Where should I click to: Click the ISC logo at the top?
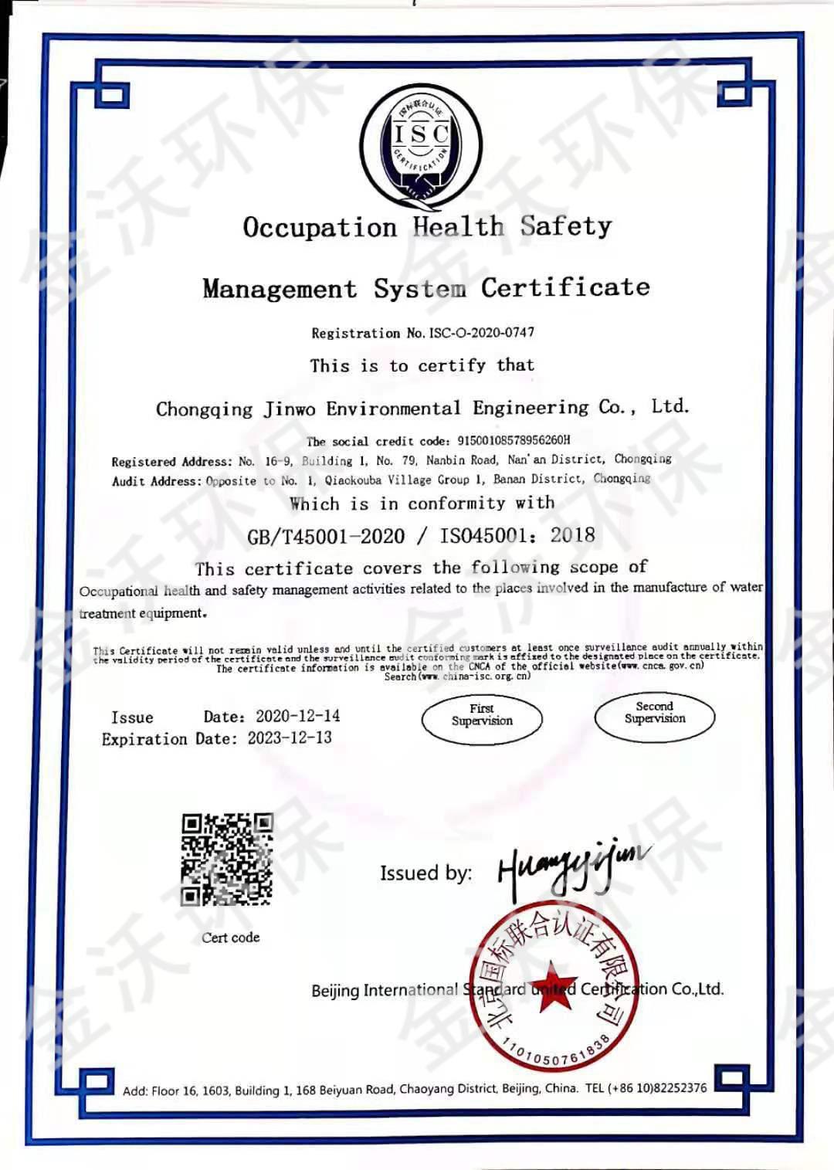[421, 146]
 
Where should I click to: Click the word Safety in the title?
[565, 226]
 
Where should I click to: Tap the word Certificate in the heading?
[565, 287]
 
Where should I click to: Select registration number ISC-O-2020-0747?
[481, 333]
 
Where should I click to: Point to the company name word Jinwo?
[290, 409]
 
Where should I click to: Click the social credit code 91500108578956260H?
[514, 440]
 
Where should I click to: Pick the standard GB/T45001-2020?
[326, 537]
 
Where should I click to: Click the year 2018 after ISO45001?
[572, 535]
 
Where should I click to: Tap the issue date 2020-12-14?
[297, 716]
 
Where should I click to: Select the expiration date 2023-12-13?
[290, 738]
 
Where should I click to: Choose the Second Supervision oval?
[655, 716]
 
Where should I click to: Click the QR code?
[227, 859]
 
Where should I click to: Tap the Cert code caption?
[230, 938]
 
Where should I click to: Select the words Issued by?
[425, 873]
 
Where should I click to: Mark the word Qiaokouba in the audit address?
[354, 480]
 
